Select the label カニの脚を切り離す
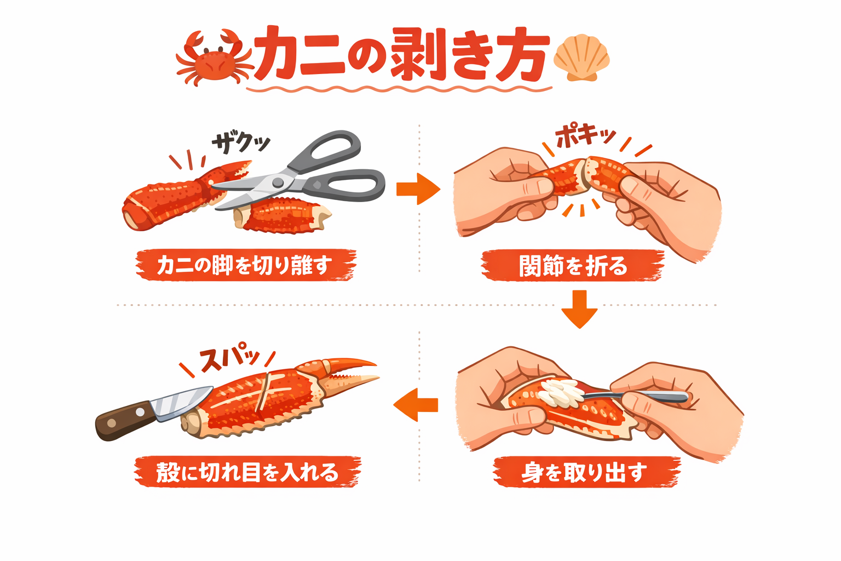[245, 266]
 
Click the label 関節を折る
[573, 266]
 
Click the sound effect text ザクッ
[241, 142]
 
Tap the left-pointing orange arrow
[416, 405]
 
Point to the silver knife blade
[181, 403]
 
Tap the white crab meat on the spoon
[558, 392]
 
